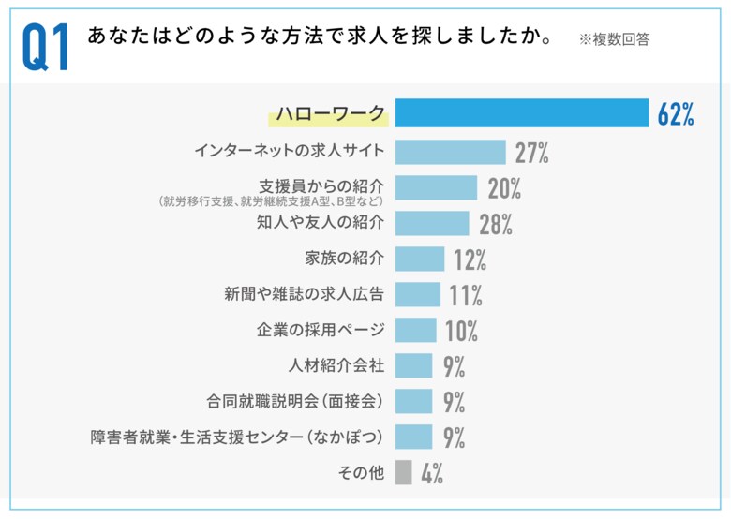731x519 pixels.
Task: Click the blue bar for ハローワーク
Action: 522,112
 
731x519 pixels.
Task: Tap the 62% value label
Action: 675,113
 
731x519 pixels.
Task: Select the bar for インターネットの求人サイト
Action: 450,152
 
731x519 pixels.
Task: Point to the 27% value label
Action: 531,153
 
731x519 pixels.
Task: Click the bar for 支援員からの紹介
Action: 436,187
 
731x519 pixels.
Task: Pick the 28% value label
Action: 495,224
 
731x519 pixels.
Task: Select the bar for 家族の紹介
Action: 420,259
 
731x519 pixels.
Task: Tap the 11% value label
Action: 465,295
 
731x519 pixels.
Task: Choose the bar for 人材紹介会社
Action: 413,365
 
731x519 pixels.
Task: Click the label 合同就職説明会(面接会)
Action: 295,401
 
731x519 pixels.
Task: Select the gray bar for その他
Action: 404,472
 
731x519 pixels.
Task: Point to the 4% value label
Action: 431,473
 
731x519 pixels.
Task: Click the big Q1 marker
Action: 45,48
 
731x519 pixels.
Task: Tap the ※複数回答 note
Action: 614,39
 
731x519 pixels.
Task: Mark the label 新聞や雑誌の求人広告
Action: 305,294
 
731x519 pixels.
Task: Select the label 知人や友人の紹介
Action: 321,223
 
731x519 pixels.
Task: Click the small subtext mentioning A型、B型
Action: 272,200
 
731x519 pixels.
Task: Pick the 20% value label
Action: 504,188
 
